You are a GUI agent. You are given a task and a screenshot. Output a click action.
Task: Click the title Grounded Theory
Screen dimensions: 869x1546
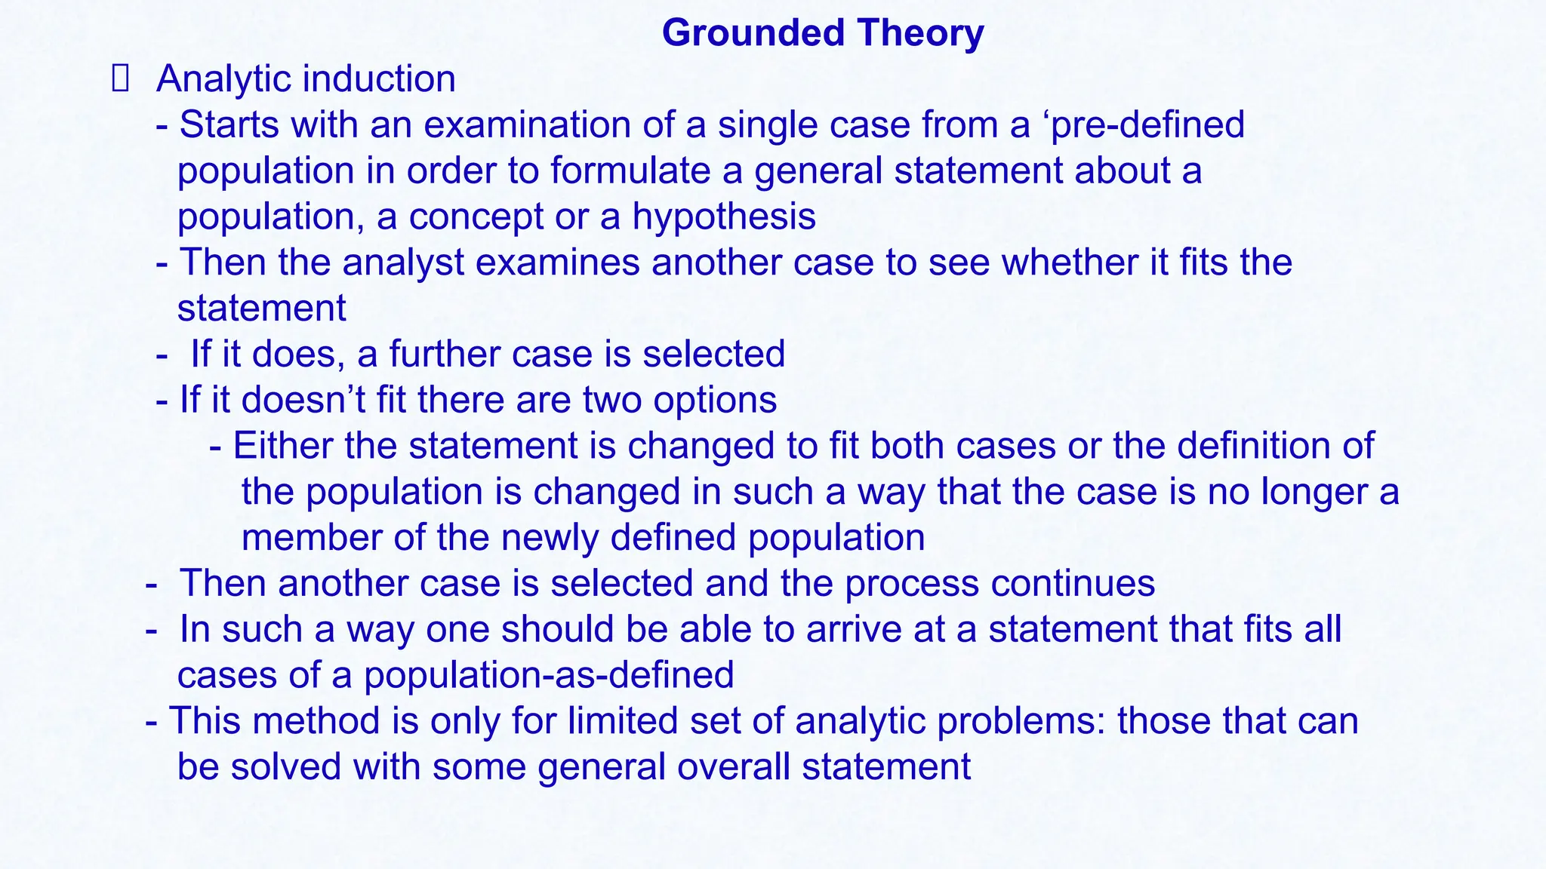click(x=823, y=33)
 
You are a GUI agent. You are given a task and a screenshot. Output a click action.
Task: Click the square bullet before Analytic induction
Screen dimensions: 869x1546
click(x=121, y=79)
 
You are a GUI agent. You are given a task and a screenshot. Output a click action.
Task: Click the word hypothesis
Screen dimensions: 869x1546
click(x=724, y=217)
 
